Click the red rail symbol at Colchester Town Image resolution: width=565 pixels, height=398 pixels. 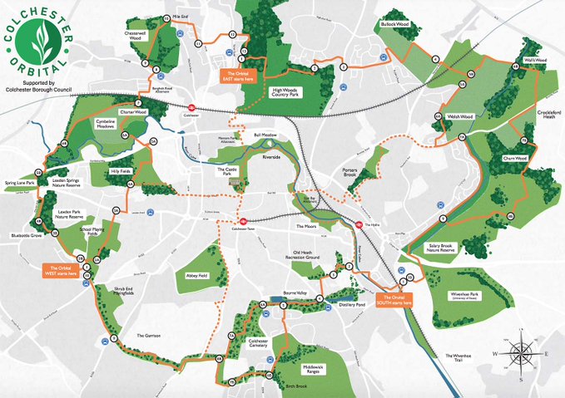(242, 221)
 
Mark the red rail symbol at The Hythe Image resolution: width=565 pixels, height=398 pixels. (359, 224)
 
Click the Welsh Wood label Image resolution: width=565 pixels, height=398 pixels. (459, 116)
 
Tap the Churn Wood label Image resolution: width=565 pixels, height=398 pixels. (516, 158)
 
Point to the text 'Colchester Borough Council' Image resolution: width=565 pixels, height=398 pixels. (41, 91)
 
